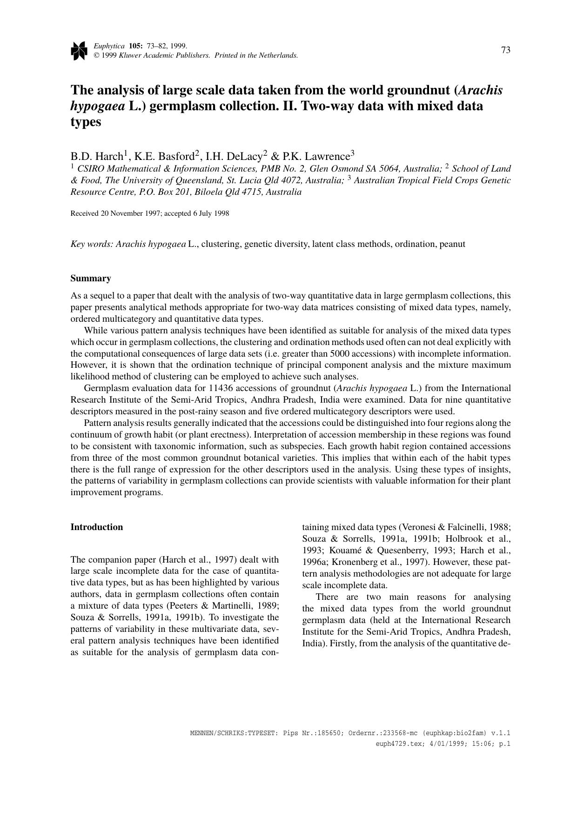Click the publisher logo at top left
click(x=79, y=51)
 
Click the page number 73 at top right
click(x=506, y=50)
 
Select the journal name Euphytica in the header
click(x=109, y=46)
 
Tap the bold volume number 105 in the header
click(x=135, y=46)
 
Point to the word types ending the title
click(x=86, y=122)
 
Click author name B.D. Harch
click(x=96, y=156)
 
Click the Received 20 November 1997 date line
click(x=149, y=213)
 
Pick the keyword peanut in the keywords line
click(x=451, y=244)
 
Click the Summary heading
click(x=91, y=279)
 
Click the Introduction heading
click(x=97, y=527)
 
